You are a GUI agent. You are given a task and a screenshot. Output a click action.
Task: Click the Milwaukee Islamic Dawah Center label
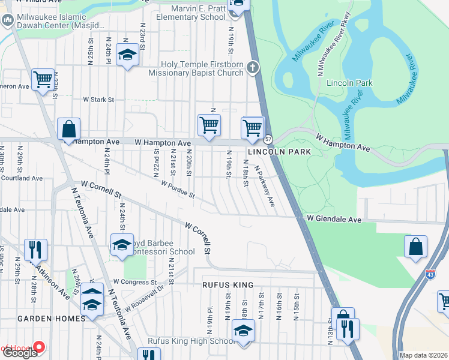point(61,22)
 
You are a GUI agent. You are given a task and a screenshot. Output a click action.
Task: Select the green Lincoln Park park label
point(349,83)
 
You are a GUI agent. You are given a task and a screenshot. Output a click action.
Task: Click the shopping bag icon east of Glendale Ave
point(415,247)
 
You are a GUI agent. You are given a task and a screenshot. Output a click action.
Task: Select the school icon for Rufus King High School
point(243,330)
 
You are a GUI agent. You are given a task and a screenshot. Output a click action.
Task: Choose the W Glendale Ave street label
point(334,220)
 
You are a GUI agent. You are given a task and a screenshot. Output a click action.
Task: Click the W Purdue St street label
point(178,190)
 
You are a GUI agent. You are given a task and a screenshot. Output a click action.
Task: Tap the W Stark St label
point(103,100)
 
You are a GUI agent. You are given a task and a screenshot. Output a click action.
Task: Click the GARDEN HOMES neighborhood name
point(51,318)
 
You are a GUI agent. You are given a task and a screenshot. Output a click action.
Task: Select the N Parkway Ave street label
point(265,187)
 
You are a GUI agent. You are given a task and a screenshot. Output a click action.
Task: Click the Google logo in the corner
point(19,353)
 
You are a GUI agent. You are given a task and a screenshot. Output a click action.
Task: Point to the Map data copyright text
point(423,355)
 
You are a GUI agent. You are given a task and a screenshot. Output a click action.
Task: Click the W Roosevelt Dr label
point(145,299)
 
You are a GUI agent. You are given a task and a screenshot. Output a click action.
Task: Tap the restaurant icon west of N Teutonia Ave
point(35,250)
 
